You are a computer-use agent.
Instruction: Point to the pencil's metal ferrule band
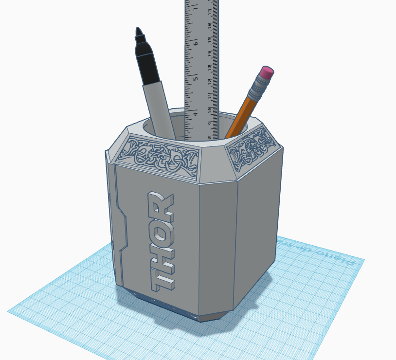click(x=257, y=90)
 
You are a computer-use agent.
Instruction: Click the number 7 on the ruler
click(x=195, y=9)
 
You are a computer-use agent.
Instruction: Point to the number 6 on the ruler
click(x=195, y=43)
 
